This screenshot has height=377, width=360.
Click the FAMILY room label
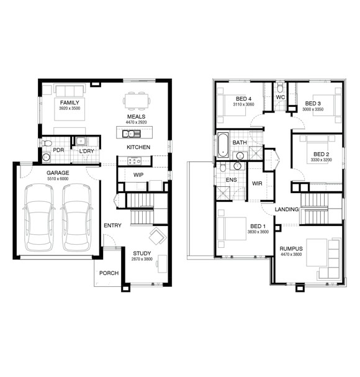click(70, 102)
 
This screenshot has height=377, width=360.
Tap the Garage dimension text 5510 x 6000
click(58, 179)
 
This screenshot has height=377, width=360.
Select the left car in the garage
click(39, 217)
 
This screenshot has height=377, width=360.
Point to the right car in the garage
click(77, 217)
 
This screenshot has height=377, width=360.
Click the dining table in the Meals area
click(137, 100)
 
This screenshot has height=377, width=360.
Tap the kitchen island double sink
click(131, 134)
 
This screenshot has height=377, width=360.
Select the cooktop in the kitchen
click(134, 161)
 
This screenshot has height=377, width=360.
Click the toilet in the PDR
click(47, 143)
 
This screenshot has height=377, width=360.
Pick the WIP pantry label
click(138, 175)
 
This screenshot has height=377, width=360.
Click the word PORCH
click(109, 273)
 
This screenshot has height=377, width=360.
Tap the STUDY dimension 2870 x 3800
click(142, 259)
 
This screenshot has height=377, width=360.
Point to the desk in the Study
click(162, 264)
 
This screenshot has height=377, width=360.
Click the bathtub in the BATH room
click(223, 145)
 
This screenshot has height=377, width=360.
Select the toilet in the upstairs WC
click(280, 88)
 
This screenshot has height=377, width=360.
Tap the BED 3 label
click(313, 104)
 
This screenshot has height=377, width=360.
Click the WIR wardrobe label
click(257, 183)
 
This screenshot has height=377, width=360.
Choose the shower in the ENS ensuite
click(223, 193)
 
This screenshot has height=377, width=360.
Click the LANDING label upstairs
click(287, 209)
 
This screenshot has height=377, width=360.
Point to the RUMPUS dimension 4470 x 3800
click(291, 255)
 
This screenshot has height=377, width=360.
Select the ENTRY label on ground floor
click(112, 225)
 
